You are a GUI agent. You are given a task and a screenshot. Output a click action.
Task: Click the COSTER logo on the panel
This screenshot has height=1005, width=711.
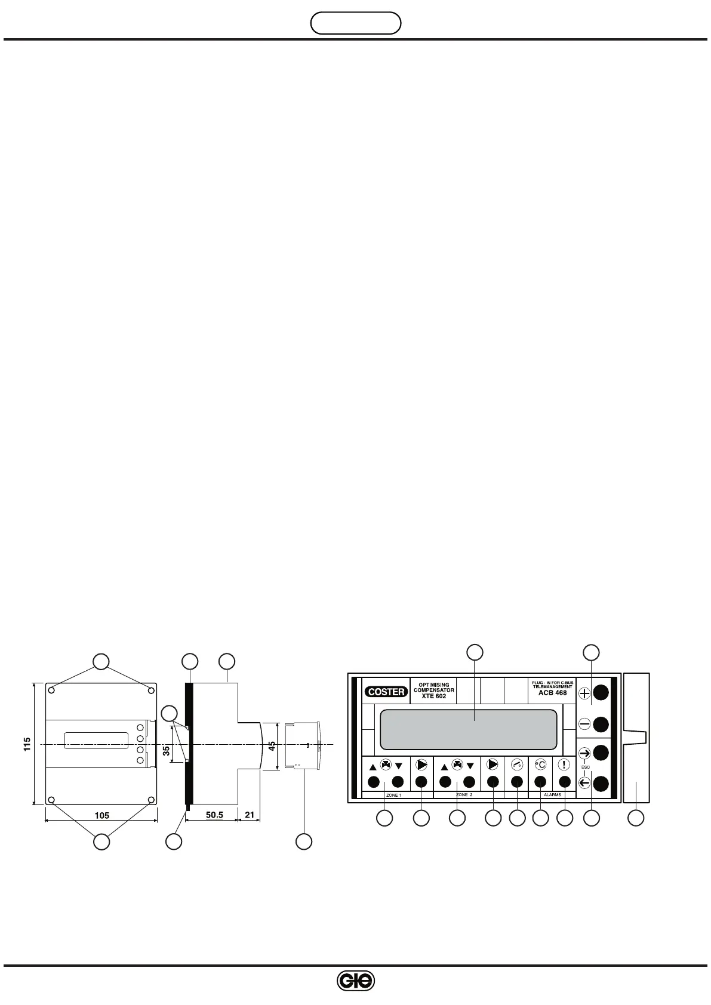pyautogui.click(x=387, y=692)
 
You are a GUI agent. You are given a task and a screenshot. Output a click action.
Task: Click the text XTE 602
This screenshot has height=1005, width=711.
pyautogui.click(x=433, y=696)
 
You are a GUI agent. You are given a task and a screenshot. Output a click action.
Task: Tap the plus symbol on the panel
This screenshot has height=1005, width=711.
pyautogui.click(x=585, y=693)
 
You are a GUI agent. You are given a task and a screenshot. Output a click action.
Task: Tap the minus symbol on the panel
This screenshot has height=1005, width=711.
pyautogui.click(x=585, y=725)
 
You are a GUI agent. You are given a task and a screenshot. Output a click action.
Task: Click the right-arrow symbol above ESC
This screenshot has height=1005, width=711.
pyautogui.click(x=585, y=753)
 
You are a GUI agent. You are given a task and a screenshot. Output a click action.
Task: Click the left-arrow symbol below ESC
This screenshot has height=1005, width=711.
pyautogui.click(x=585, y=782)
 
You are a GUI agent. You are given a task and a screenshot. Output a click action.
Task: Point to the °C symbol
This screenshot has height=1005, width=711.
pyautogui.click(x=540, y=765)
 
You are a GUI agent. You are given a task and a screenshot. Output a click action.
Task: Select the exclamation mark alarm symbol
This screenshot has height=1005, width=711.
pyautogui.click(x=564, y=765)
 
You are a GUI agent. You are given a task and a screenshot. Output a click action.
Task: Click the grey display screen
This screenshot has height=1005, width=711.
pyautogui.click(x=469, y=729)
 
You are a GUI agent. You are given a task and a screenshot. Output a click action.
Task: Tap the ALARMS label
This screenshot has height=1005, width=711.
pyautogui.click(x=552, y=795)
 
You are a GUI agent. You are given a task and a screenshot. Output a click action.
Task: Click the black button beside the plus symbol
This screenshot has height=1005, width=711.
pyautogui.click(x=601, y=693)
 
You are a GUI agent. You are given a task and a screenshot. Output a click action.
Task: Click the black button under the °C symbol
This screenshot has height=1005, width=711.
pyautogui.click(x=540, y=782)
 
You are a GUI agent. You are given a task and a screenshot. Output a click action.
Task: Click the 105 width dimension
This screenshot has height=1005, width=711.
pyautogui.click(x=102, y=815)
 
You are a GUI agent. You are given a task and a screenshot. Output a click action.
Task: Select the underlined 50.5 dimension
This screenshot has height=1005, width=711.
pyautogui.click(x=211, y=815)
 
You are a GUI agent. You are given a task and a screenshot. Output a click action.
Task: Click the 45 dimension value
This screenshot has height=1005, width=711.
pyautogui.click(x=272, y=746)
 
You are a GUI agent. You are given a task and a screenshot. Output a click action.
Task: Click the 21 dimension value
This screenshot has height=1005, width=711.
pyautogui.click(x=250, y=815)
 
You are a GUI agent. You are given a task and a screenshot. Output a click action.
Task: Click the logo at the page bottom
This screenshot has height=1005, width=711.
pyautogui.click(x=355, y=982)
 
